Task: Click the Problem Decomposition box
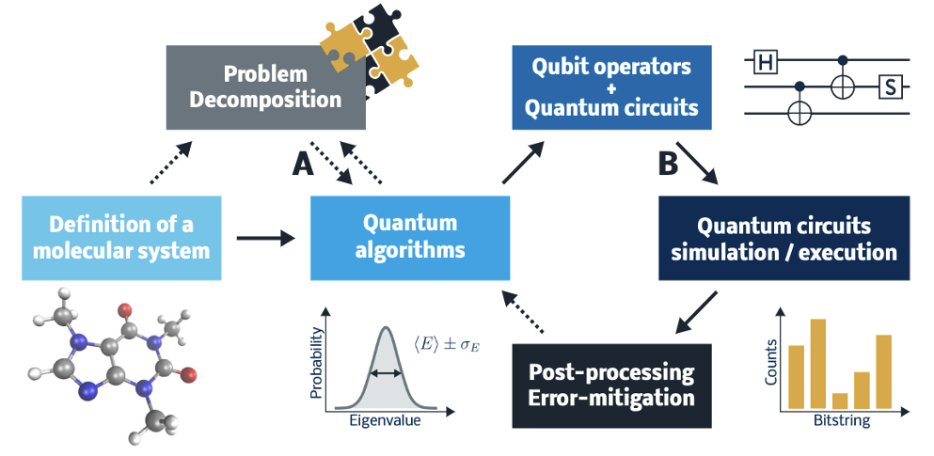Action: pos(265,86)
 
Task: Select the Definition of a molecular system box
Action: pos(121,238)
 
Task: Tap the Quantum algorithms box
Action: pos(410,238)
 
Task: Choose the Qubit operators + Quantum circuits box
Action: pos(610,87)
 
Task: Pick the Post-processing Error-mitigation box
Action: pos(613,385)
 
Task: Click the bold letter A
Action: pos(303,165)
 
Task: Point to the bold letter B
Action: pos(667,165)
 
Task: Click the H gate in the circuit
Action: pos(765,62)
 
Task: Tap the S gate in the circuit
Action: pos(890,88)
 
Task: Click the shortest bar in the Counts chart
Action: pos(840,401)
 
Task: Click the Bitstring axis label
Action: pos(841,422)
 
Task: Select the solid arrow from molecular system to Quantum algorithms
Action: pos(264,239)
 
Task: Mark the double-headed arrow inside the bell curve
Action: pos(384,373)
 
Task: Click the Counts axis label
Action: pos(772,363)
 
